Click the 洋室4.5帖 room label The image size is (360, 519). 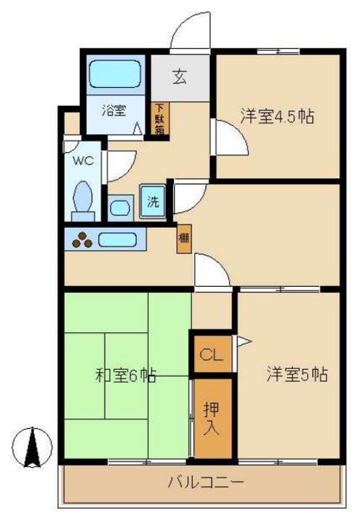pos(277,117)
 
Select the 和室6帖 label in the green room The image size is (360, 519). pos(126,375)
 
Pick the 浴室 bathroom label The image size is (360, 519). pos(113,110)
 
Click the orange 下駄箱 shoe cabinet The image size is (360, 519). pos(159,120)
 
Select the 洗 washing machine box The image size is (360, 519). pos(154,202)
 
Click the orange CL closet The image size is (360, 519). pos(211,354)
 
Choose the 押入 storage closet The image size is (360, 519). pos(213,418)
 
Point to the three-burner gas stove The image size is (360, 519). pos(82,239)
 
